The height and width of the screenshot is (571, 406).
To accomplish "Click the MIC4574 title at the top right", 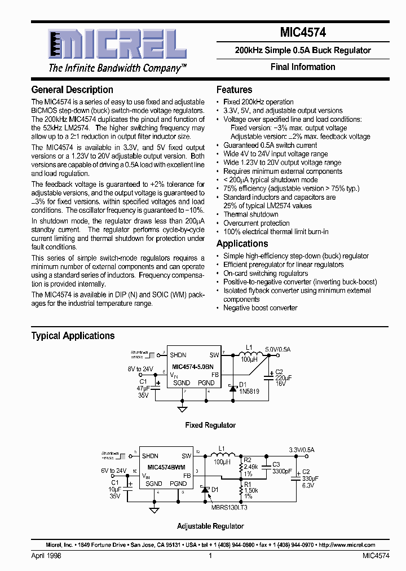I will [303, 33].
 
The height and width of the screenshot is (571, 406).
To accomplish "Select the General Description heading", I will [72, 90].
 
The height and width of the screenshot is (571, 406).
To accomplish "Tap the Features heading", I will [235, 90].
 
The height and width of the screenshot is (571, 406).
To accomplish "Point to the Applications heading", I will [242, 244].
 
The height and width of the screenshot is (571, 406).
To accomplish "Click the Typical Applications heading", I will [73, 336].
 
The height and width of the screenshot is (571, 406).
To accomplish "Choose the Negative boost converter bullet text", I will [261, 308].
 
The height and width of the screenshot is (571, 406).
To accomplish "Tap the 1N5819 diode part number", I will [250, 391].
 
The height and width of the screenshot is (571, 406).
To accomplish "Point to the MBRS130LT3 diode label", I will [230, 507].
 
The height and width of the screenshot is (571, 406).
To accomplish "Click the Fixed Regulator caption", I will [210, 425].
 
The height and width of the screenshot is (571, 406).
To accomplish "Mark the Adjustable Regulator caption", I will [210, 526].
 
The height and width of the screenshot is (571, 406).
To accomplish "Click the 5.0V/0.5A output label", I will [277, 350].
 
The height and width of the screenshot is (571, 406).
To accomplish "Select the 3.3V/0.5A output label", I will [301, 450].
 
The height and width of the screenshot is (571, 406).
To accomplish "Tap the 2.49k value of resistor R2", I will [251, 467].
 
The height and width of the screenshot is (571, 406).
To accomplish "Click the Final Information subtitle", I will [303, 67].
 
